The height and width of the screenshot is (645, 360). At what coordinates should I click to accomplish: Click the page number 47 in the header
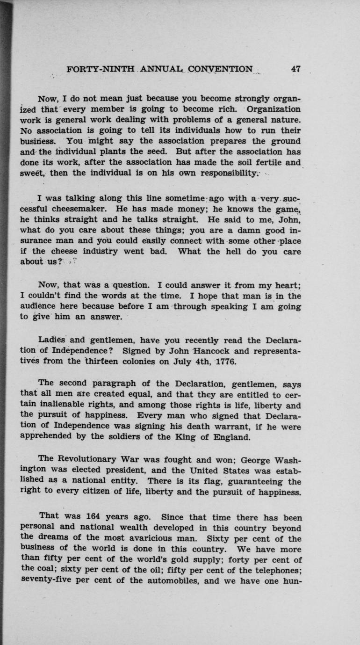point(295,69)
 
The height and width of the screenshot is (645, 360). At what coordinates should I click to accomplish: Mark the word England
point(230,438)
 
